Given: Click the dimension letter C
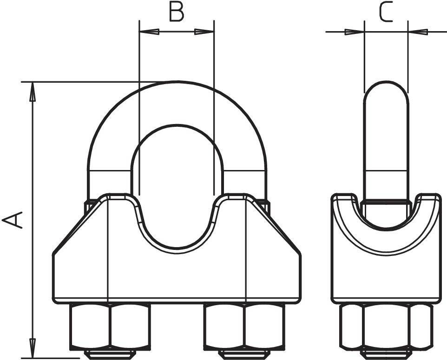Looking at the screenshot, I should (386, 13).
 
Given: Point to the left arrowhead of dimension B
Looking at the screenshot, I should (149, 32).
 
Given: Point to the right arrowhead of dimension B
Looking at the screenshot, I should (204, 32).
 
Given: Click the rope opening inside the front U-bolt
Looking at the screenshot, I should (177, 186).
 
